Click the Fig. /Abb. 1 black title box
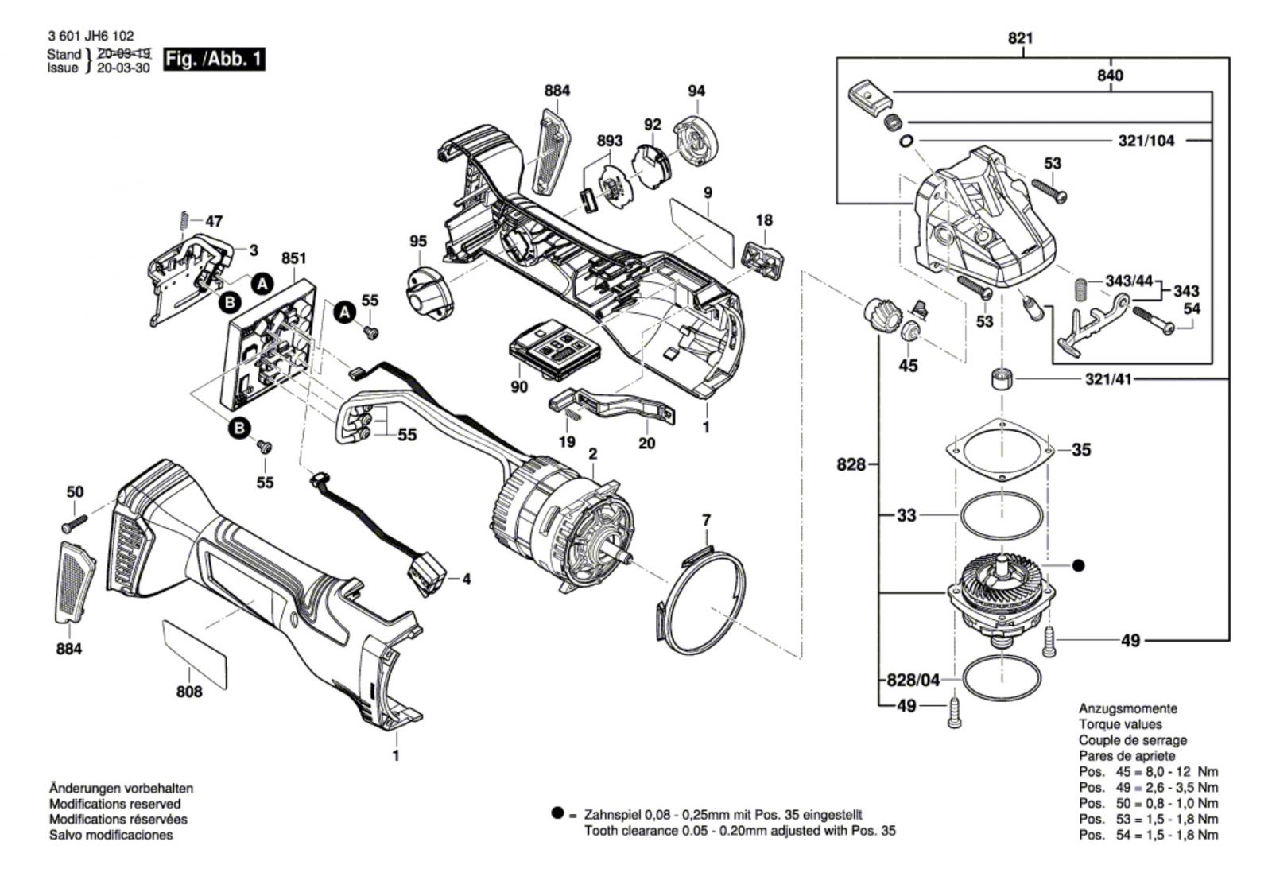(x=213, y=60)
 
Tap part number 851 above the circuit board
(x=293, y=258)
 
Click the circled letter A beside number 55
(x=343, y=313)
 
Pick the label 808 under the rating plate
(x=189, y=692)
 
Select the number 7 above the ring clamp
(x=706, y=520)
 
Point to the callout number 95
(x=418, y=242)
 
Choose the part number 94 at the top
(x=696, y=91)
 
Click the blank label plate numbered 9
(x=702, y=231)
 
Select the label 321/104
(x=1146, y=141)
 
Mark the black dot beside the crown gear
(x=1078, y=565)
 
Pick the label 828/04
(x=913, y=680)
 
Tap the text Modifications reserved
(x=114, y=804)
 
